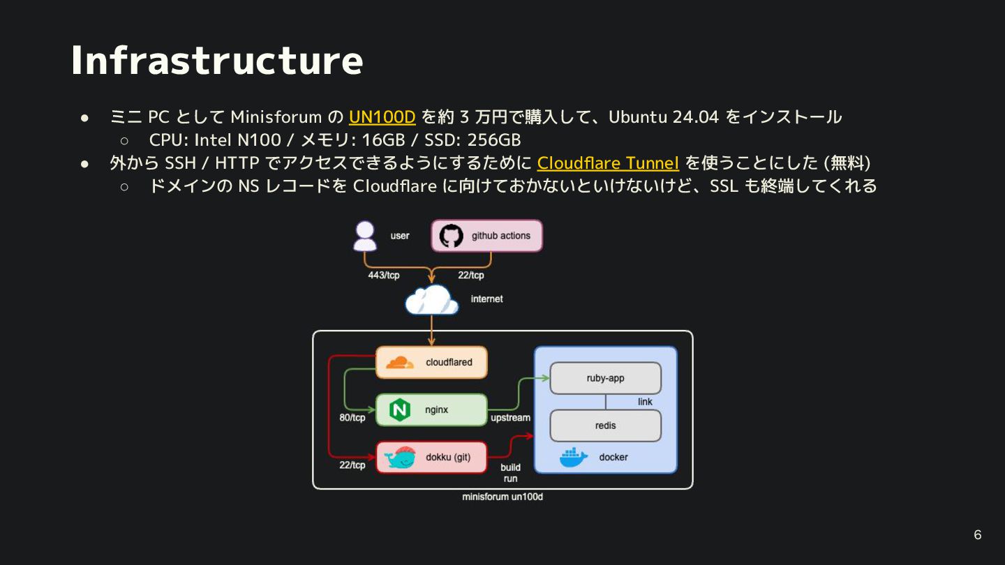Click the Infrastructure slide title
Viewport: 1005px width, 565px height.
tap(217, 60)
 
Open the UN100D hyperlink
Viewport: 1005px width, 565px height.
tap(382, 116)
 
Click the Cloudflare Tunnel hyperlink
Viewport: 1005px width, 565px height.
tap(608, 163)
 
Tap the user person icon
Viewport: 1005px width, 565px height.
tap(365, 236)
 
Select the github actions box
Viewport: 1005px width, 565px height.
tap(486, 236)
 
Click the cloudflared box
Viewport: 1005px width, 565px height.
tap(431, 363)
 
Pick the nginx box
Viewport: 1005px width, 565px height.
tap(431, 410)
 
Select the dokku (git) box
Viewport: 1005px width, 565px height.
tap(431, 458)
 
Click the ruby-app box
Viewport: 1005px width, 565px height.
tap(605, 378)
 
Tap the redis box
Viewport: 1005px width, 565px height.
tap(605, 425)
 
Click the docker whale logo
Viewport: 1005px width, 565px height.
tap(574, 457)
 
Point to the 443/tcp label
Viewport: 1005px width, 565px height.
tap(384, 276)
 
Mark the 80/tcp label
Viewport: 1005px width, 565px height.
tap(352, 418)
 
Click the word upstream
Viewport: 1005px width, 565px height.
tap(510, 418)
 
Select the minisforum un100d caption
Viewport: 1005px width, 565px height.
tap(502, 497)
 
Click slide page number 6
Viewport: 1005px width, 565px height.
tap(977, 535)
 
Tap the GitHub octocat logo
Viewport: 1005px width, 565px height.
tap(451, 236)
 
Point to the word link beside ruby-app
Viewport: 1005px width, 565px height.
tap(645, 402)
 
